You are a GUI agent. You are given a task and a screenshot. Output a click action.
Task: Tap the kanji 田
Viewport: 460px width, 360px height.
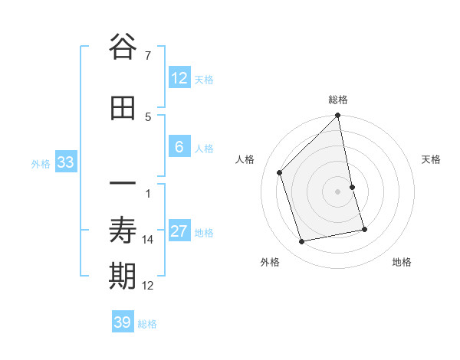pyautogui.click(x=123, y=109)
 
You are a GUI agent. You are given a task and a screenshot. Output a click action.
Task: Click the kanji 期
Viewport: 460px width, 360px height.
pyautogui.click(x=123, y=277)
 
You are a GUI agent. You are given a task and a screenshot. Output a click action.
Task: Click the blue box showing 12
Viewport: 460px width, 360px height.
pyautogui.click(x=179, y=78)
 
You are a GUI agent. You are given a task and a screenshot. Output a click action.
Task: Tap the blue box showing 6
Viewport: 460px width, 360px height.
pyautogui.click(x=179, y=148)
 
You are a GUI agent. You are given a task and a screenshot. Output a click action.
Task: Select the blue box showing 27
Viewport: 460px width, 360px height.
pyautogui.click(x=179, y=232)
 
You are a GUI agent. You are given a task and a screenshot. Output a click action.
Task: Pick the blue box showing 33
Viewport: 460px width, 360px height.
pyautogui.click(x=65, y=162)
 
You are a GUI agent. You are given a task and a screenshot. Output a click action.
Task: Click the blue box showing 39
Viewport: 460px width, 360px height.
pyautogui.click(x=123, y=322)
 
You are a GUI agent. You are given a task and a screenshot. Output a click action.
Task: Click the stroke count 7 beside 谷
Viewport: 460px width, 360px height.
pyautogui.click(x=147, y=55)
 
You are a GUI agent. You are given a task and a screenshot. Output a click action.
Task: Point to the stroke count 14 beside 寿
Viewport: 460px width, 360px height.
pyautogui.click(x=148, y=240)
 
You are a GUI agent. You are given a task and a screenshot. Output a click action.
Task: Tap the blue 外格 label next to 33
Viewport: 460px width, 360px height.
pyautogui.click(x=41, y=163)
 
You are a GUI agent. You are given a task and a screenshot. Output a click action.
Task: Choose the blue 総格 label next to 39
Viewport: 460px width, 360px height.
pyautogui.click(x=147, y=324)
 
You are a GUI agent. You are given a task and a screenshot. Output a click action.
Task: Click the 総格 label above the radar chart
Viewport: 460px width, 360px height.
pyautogui.click(x=338, y=100)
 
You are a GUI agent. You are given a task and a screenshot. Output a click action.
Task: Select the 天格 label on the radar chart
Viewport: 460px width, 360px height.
pyautogui.click(x=431, y=159)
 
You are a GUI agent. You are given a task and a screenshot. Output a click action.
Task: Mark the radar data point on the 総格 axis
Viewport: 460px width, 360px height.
pyautogui.click(x=338, y=116)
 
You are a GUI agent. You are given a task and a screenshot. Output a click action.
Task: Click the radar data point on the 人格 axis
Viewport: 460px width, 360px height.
pyautogui.click(x=280, y=172)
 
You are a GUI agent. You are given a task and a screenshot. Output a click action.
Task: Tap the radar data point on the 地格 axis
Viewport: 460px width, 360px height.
pyautogui.click(x=364, y=229)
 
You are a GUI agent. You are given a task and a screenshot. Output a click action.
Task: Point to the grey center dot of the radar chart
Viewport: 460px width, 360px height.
pyautogui.click(x=338, y=191)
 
